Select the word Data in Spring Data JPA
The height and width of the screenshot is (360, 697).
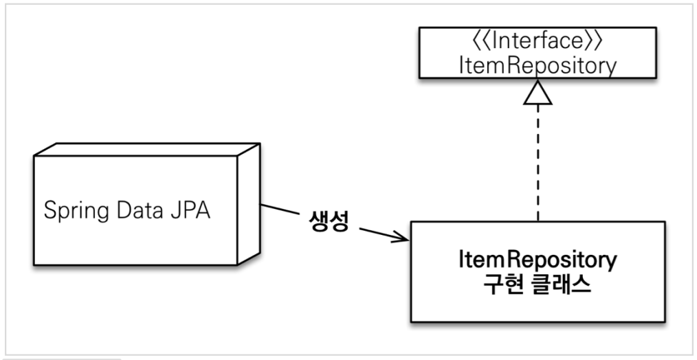coord(137,209)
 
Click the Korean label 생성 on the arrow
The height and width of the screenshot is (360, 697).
coord(327,223)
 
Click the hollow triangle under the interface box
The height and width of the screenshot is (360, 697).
coord(538,94)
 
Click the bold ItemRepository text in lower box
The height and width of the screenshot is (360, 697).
coord(538,261)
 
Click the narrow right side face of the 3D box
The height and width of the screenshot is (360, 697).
coord(248,206)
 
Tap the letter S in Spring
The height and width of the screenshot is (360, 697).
coord(49,209)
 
